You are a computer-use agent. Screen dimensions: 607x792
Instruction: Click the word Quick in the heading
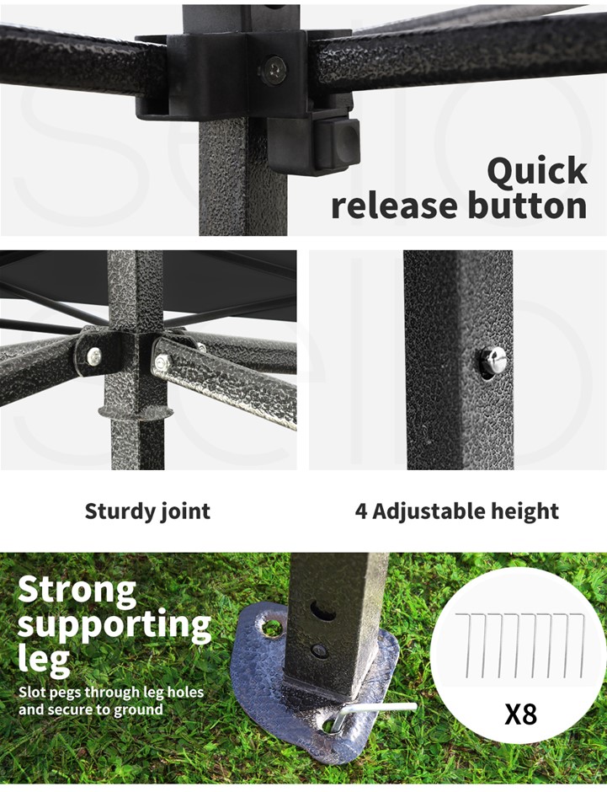537,172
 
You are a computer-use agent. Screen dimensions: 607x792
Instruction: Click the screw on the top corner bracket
275,70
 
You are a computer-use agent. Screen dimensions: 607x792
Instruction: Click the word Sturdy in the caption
119,511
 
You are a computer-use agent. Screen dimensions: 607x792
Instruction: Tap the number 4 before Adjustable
361,511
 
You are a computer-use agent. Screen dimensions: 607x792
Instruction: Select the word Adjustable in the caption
429,511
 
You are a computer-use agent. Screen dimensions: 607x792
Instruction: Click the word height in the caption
525,511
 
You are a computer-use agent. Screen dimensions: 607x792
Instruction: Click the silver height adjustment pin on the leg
493,360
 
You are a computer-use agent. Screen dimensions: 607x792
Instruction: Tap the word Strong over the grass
77,590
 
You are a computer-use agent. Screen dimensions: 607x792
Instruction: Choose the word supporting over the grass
114,625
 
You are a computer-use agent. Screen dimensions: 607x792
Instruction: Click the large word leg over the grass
44,659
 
